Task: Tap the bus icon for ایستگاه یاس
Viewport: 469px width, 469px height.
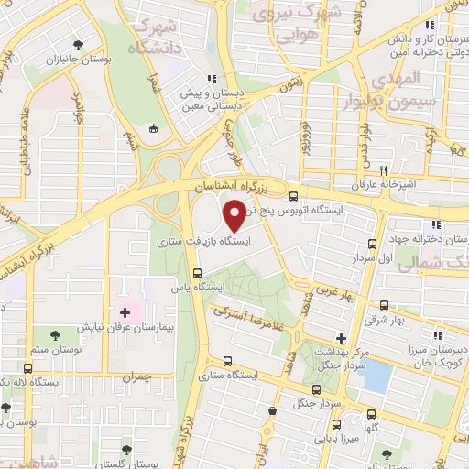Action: pos(197,272)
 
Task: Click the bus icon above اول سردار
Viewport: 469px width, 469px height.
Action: pos(372,244)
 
